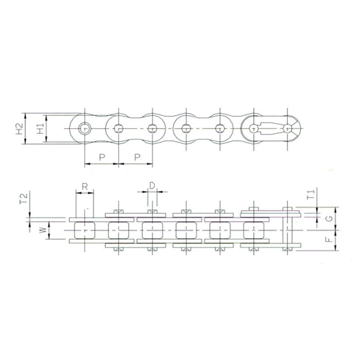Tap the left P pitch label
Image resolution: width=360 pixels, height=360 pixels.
tap(102, 156)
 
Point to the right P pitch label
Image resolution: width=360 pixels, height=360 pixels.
tap(135, 156)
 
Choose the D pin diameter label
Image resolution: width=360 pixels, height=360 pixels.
tap(152, 186)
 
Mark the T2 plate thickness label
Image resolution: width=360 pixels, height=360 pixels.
tap(24, 198)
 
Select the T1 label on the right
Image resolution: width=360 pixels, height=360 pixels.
tap(309, 194)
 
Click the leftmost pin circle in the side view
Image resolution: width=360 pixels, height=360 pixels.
tap(85, 129)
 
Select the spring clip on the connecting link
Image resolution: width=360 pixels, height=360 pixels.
tap(271, 129)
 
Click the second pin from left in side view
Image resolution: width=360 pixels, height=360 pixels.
tap(118, 129)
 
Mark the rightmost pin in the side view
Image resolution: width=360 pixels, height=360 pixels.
tap(287, 129)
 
